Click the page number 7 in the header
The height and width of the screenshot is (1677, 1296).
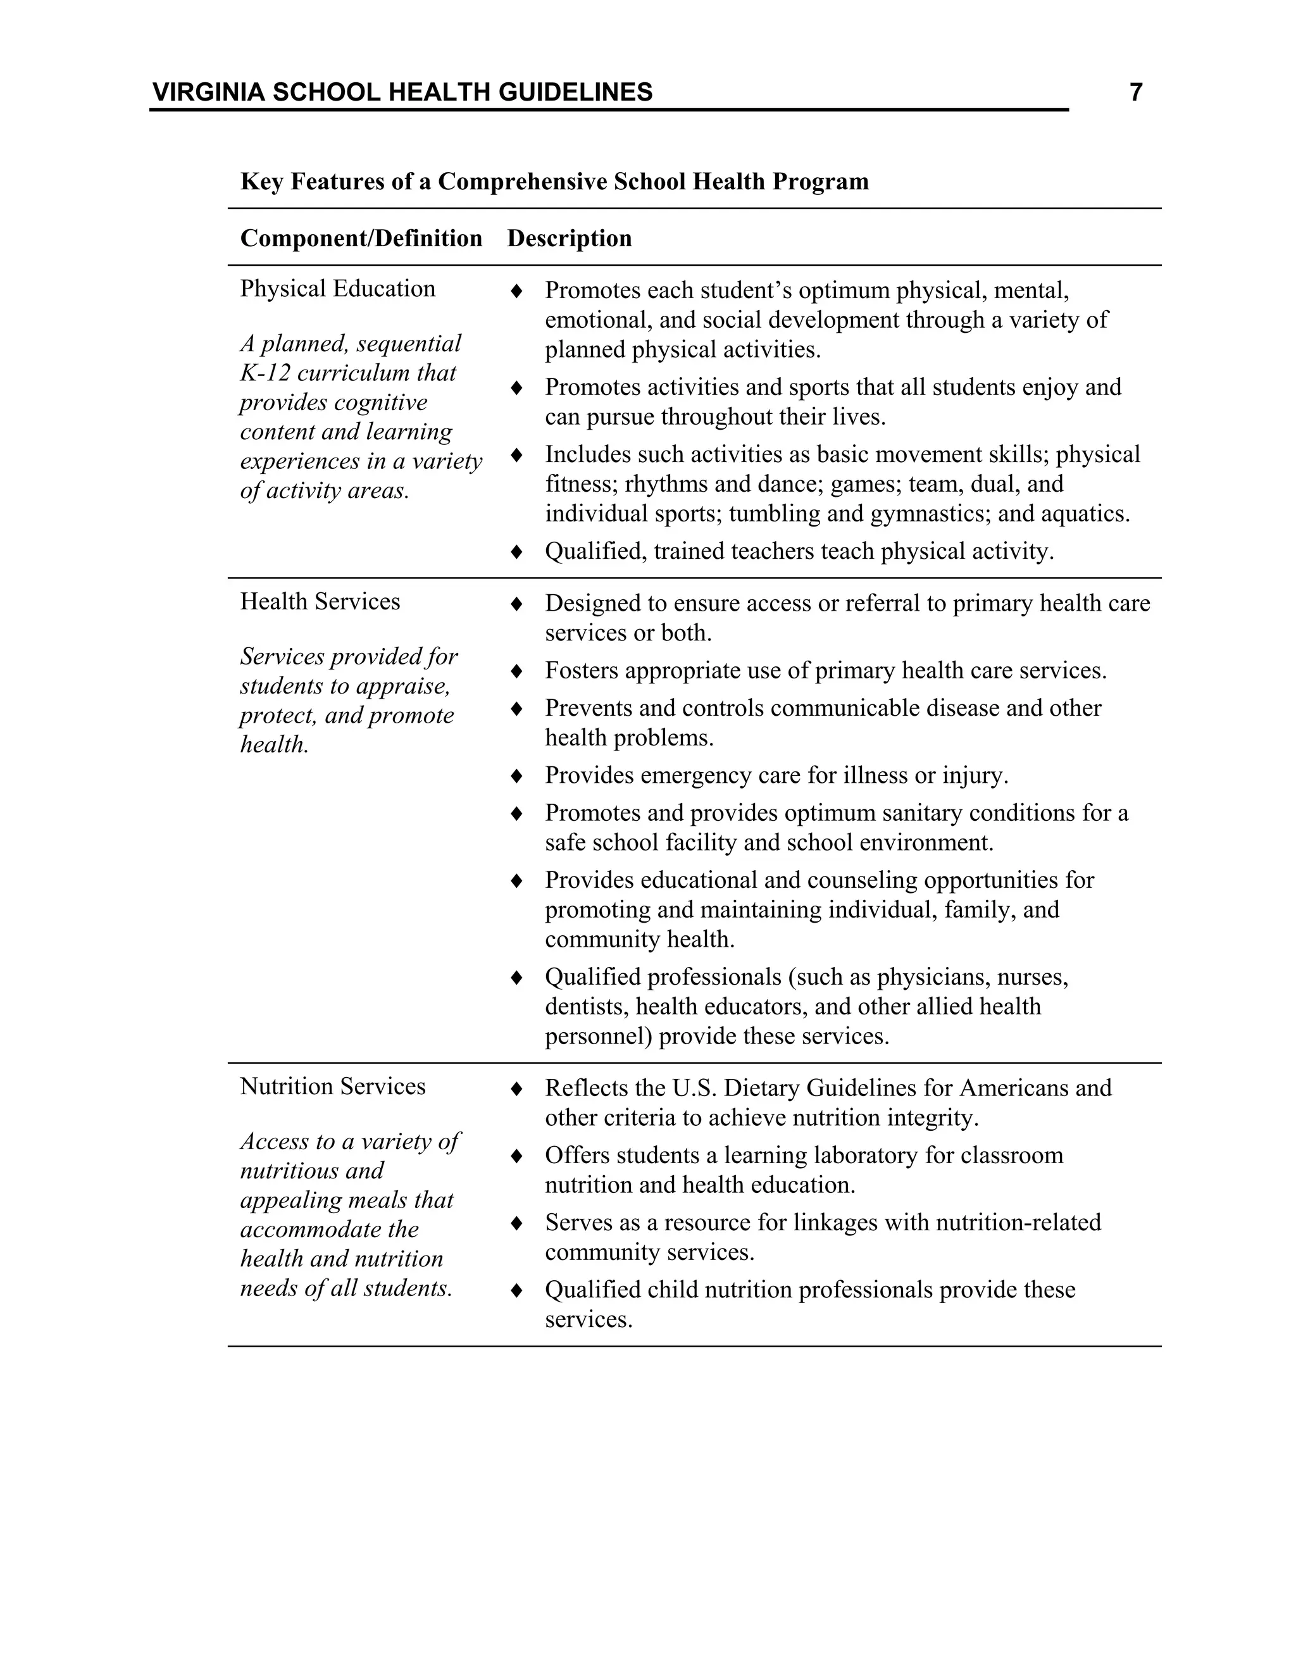(1135, 93)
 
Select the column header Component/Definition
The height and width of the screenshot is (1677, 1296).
(361, 238)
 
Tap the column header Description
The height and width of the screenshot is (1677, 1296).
(569, 238)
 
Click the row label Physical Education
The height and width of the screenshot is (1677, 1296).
(337, 289)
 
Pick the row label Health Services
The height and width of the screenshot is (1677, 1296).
(320, 601)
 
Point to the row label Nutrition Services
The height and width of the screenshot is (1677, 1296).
(332, 1087)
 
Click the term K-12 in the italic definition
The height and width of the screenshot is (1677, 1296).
(264, 373)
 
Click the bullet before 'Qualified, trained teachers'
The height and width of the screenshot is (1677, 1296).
(517, 551)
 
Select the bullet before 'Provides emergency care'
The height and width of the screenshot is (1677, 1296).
(517, 776)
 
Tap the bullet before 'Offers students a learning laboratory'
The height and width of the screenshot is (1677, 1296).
(517, 1156)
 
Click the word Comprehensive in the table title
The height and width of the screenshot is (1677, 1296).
(522, 182)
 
